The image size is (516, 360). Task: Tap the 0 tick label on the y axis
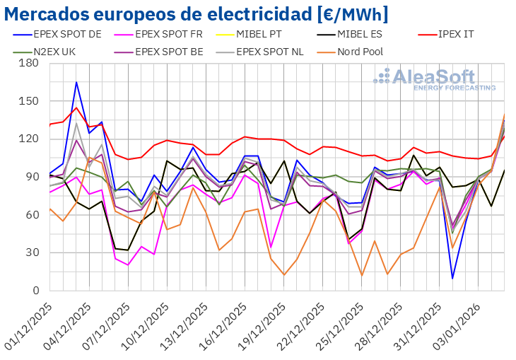pos(35,291)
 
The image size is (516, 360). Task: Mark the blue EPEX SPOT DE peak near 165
pos(76,82)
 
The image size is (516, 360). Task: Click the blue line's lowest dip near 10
pos(452,278)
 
